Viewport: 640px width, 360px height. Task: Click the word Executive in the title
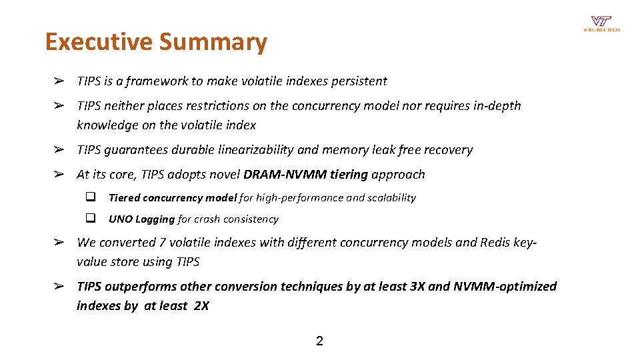point(99,42)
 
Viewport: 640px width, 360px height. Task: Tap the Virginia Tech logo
point(601,24)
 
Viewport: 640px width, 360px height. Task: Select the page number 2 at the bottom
point(319,341)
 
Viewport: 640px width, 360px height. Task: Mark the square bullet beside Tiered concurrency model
point(90,197)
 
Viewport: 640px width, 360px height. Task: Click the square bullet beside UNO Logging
point(90,219)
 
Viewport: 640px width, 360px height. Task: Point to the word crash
point(207,219)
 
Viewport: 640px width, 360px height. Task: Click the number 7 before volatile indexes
point(162,243)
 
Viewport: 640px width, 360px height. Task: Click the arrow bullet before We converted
point(59,243)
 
